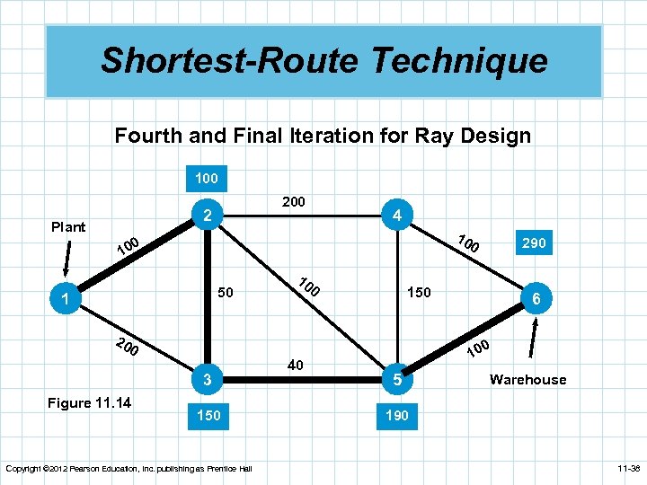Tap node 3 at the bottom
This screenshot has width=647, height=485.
tap(207, 380)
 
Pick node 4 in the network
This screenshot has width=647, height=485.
tap(395, 216)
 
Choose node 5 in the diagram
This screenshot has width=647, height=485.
tap(395, 380)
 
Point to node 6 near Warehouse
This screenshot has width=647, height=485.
tap(536, 299)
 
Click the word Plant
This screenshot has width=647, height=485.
tap(68, 226)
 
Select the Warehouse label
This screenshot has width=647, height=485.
tap(527, 379)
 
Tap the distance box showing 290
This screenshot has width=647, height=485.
tap(536, 242)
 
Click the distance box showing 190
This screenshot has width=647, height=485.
tap(395, 416)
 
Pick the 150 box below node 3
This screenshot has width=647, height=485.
tap(207, 416)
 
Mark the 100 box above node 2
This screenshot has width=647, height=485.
tap(207, 178)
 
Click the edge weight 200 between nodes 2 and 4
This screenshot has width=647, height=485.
tap(294, 202)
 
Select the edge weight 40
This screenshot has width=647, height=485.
tap(295, 365)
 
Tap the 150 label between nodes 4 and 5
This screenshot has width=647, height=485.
tap(419, 293)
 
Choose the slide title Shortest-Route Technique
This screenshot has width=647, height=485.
tap(323, 61)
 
